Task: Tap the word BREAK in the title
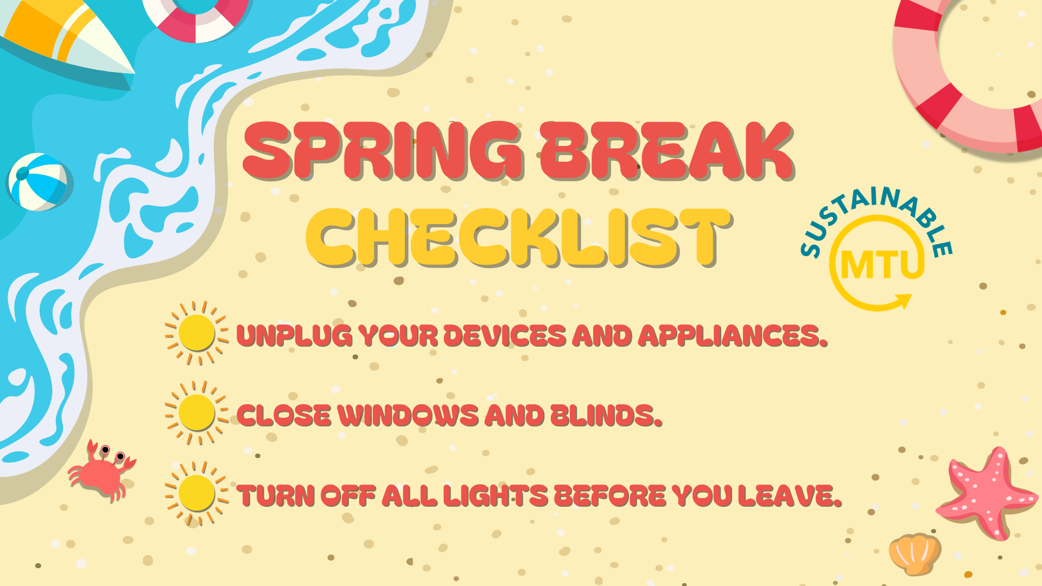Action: pos(667,151)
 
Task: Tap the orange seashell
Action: pos(915,553)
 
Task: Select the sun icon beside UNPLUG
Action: pos(196,333)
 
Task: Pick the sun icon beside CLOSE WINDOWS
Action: pos(196,413)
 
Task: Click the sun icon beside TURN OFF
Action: pos(196,493)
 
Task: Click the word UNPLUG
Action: pos(294,336)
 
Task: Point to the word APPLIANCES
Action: pos(733,336)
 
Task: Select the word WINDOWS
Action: pos(408,416)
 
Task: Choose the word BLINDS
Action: pos(606,416)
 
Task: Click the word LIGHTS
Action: pos(495,495)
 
